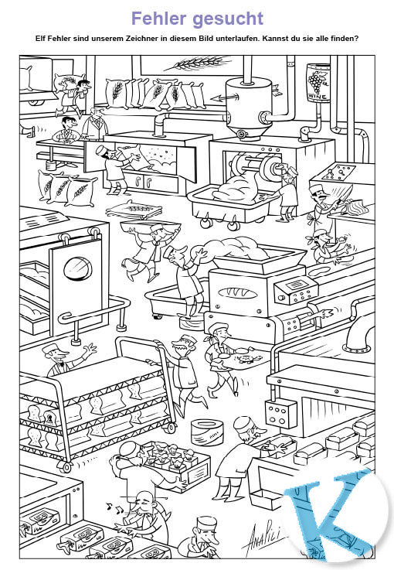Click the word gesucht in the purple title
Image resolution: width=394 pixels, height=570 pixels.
click(x=228, y=19)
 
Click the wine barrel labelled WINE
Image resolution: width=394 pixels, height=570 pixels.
click(x=318, y=83)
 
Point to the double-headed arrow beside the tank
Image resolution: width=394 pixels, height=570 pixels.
click(x=225, y=97)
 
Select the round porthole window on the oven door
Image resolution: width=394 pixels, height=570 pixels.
click(x=77, y=269)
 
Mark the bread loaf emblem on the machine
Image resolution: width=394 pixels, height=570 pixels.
click(x=238, y=293)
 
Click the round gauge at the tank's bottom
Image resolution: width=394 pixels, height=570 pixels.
click(x=242, y=134)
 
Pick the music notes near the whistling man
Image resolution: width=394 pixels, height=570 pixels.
click(x=115, y=507)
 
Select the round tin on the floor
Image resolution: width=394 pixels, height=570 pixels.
click(x=206, y=432)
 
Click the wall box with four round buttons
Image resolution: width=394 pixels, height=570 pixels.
click(x=280, y=413)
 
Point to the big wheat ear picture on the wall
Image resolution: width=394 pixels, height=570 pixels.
click(x=198, y=63)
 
